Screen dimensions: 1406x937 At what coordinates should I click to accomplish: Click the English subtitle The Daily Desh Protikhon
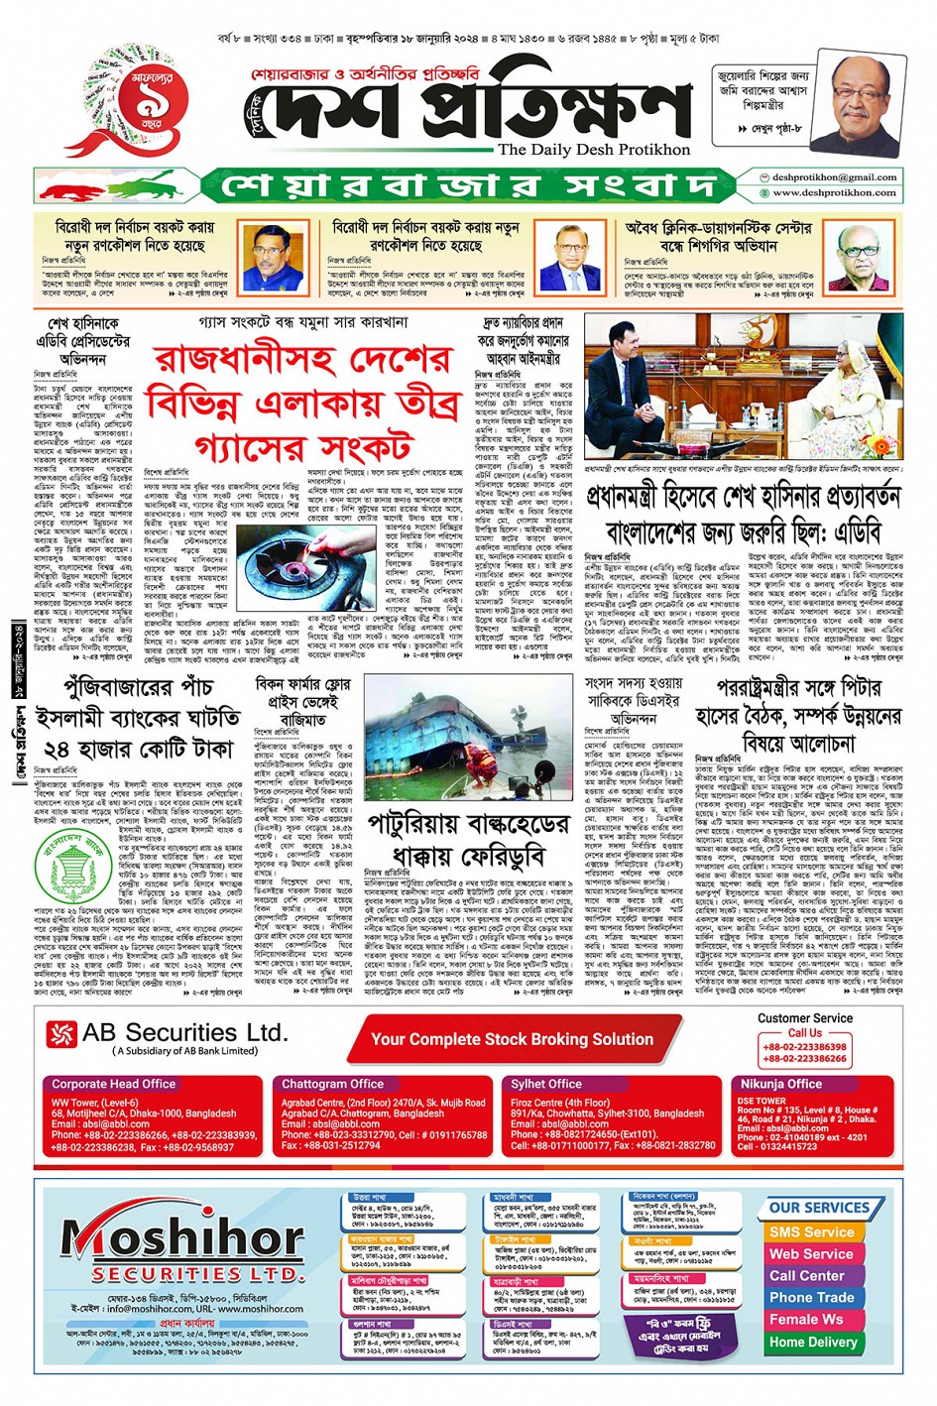pyautogui.click(x=594, y=149)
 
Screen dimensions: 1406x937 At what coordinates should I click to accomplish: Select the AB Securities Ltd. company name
pyautogui.click(x=184, y=1033)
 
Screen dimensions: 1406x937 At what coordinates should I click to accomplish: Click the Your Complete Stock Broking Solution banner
pyautogui.click(x=512, y=1039)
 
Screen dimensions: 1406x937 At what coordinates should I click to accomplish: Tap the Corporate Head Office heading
pyautogui.click(x=114, y=1084)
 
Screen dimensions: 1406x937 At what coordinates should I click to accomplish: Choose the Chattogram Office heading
pyautogui.click(x=332, y=1084)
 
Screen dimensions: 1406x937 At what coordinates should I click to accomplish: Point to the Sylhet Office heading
pyautogui.click(x=546, y=1084)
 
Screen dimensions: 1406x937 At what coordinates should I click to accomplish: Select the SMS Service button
pyautogui.click(x=811, y=1231)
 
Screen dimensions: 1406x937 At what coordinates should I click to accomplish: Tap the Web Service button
pyautogui.click(x=811, y=1253)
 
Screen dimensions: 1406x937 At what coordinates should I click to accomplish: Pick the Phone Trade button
pyautogui.click(x=811, y=1297)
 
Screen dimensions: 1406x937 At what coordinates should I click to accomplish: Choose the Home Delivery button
pyautogui.click(x=813, y=1342)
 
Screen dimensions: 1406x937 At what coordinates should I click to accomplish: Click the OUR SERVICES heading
pyautogui.click(x=819, y=1208)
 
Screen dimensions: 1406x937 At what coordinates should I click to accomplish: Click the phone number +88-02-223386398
pyautogui.click(x=804, y=1046)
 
